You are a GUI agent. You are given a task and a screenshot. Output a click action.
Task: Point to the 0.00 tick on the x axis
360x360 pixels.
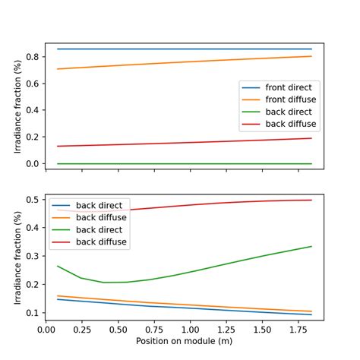click(46, 330)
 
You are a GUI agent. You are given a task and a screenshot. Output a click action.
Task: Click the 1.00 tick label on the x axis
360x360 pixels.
click(190, 330)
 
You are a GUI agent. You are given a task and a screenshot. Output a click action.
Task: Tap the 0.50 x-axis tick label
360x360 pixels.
click(118, 330)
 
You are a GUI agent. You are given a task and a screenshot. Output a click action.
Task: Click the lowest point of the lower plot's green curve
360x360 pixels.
click(105, 283)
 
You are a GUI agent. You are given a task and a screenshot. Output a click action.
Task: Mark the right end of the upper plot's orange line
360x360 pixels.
click(311, 56)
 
